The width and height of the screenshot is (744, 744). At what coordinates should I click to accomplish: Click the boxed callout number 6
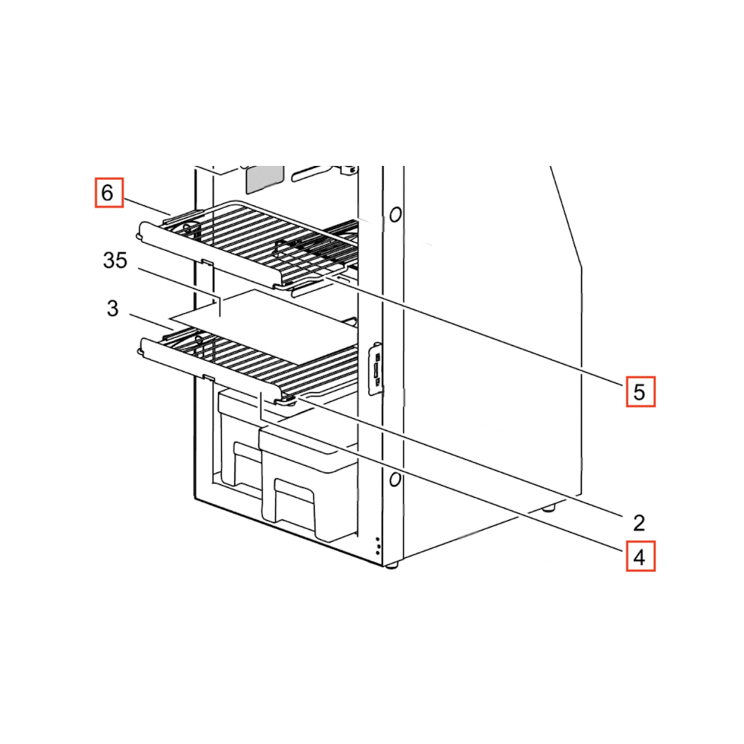(109, 192)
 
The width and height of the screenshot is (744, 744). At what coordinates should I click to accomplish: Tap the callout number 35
(115, 260)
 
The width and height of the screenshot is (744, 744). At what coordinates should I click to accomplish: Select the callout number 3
(112, 309)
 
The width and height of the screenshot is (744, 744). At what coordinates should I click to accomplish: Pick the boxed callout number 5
(640, 391)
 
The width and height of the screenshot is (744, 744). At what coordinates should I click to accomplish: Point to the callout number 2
(639, 523)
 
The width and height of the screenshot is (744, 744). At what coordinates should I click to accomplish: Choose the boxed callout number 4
(640, 556)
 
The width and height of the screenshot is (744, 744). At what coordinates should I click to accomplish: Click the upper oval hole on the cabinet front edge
(395, 214)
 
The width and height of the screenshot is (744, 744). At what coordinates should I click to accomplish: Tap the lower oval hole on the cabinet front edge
(395, 480)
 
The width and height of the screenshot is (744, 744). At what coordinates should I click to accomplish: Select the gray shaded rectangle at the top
(264, 179)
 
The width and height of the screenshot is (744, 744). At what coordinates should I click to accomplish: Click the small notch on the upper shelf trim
(208, 262)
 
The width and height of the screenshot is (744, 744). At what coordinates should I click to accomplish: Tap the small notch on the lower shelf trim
(208, 377)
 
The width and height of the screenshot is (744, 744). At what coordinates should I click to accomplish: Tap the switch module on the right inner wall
(376, 369)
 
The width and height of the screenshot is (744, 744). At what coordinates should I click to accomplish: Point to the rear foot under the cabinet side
(548, 509)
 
